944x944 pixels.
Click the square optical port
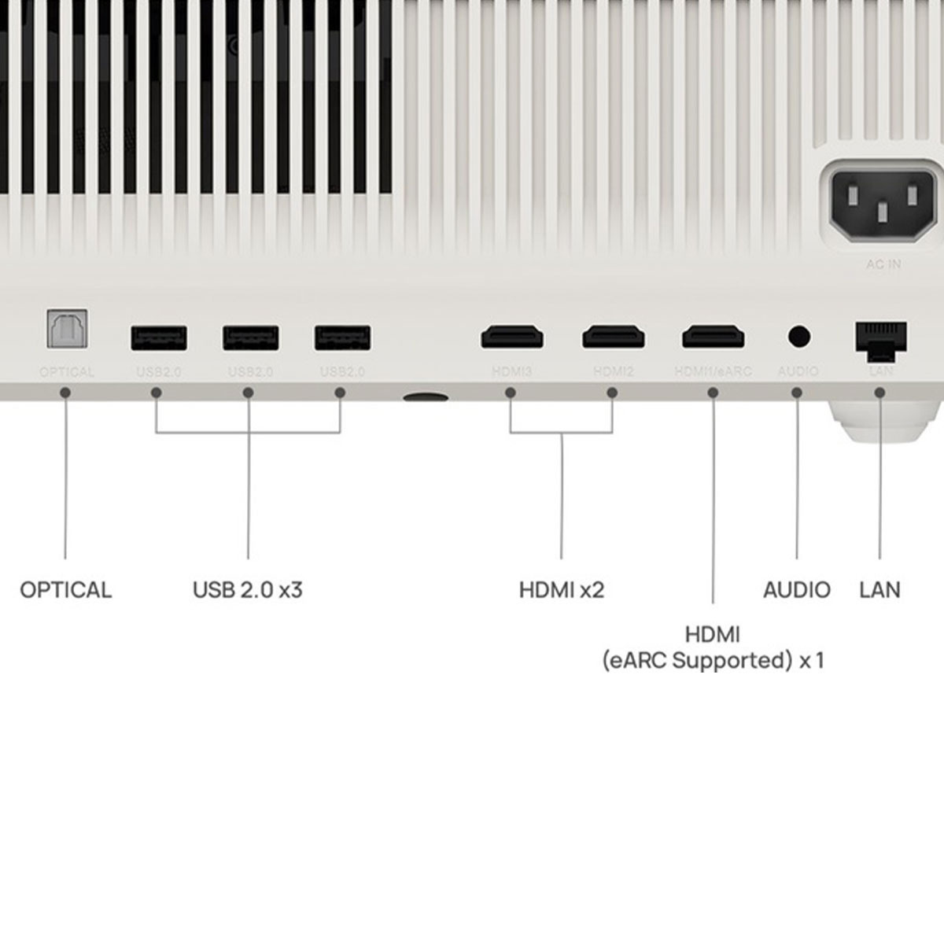[67, 330]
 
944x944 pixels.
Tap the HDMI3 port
[512, 337]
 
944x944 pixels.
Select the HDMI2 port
[614, 337]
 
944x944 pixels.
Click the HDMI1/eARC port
[714, 337]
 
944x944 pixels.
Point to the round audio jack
[798, 337]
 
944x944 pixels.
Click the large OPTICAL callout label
[66, 590]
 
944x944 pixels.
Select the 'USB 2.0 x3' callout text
[247, 590]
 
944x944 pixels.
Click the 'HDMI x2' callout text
[562, 590]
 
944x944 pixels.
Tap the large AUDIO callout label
[797, 590]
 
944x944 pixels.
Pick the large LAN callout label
[880, 590]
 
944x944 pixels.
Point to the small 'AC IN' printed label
[883, 264]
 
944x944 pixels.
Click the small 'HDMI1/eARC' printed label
[714, 371]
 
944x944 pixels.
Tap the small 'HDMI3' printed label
[512, 371]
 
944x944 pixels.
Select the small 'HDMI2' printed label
[614, 371]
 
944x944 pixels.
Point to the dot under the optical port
[66, 392]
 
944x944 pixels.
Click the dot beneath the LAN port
[880, 392]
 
